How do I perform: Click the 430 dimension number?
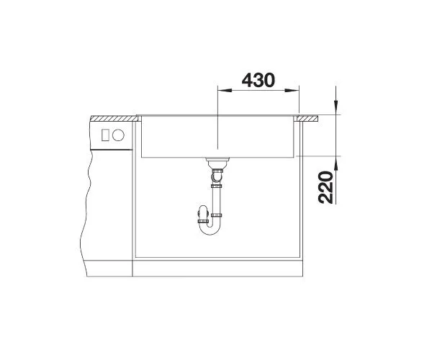(258, 80)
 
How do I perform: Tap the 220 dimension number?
(325, 187)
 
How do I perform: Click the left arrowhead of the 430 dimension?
(225, 90)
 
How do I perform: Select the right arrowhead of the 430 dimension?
(292, 90)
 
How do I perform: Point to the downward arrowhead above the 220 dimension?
(336, 107)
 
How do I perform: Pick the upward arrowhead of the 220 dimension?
(336, 163)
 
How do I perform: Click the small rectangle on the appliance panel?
(105, 135)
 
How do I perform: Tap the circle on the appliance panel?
(118, 135)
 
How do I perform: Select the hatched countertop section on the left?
(114, 118)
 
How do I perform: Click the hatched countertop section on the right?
(307, 118)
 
